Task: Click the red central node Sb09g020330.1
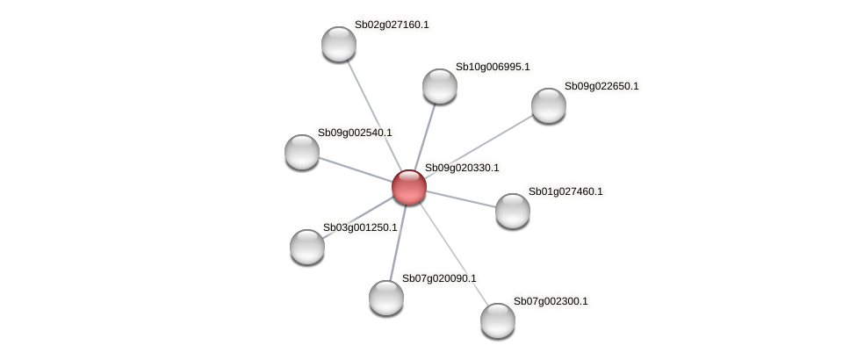(x=408, y=186)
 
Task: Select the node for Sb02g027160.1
(x=338, y=44)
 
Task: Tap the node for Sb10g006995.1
(x=439, y=86)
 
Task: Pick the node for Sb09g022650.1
(x=548, y=105)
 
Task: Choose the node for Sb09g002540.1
(x=302, y=152)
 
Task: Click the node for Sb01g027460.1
(x=512, y=211)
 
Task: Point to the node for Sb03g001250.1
(x=307, y=247)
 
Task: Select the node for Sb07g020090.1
(x=385, y=298)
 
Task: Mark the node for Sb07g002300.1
(x=497, y=320)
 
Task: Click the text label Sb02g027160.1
(x=392, y=25)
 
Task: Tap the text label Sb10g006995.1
(x=493, y=67)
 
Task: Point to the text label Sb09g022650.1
(x=601, y=86)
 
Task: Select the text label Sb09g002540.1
(x=355, y=133)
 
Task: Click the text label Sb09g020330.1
(x=462, y=168)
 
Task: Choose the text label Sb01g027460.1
(x=565, y=191)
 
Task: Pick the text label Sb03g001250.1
(x=360, y=227)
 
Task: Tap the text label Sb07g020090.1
(x=439, y=278)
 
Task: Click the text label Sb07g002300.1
(x=551, y=301)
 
